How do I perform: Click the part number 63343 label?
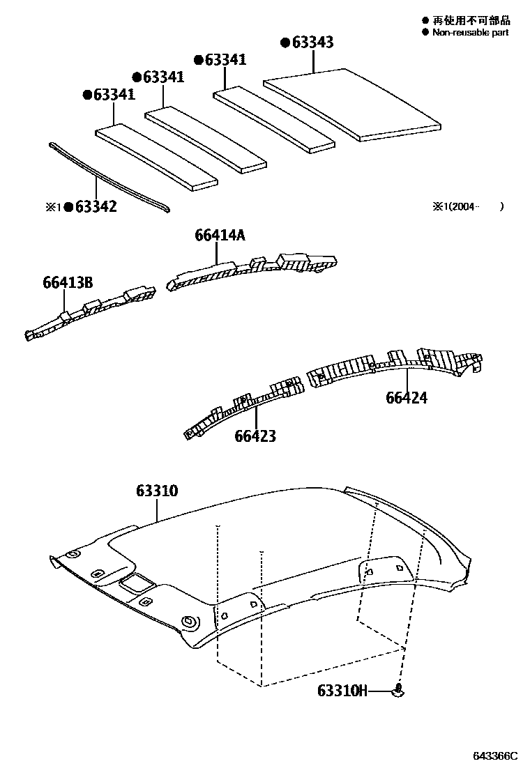[312, 43]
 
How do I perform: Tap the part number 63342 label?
[96, 206]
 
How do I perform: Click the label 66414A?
[220, 236]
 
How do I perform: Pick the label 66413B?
[68, 282]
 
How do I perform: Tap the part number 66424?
[407, 398]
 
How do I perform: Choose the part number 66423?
[255, 436]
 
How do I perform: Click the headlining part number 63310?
[157, 491]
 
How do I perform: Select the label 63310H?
[342, 691]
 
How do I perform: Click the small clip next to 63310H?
[399, 690]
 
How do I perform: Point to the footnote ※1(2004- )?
[467, 206]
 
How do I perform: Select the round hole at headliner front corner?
[188, 621]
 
